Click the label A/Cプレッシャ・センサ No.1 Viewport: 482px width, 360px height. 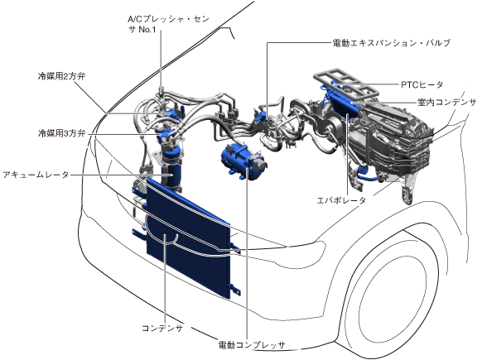[x=168, y=24]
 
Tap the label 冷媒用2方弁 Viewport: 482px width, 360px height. [x=61, y=76]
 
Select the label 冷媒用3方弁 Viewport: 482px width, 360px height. [x=61, y=133]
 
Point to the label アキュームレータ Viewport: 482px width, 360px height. [x=36, y=175]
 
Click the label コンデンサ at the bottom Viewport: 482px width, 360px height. [x=162, y=328]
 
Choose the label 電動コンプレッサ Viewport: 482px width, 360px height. [x=252, y=345]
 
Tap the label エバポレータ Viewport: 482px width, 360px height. [x=341, y=200]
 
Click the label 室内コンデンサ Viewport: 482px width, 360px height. [x=446, y=103]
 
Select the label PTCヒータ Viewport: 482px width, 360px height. [x=422, y=84]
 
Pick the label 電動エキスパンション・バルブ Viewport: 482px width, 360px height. [x=392, y=43]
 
